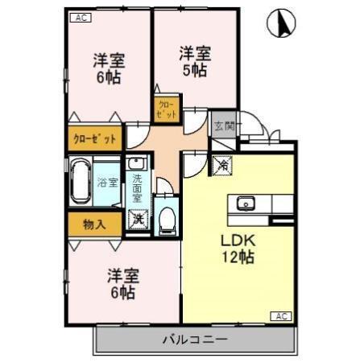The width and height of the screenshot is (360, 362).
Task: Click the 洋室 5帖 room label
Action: [x=195, y=61]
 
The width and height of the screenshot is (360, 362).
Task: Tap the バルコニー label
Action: [x=193, y=339]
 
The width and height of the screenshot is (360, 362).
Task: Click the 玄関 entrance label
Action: [x=223, y=125]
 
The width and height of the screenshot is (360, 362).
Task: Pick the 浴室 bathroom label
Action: [x=106, y=182]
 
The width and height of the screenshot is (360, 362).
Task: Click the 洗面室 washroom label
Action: [x=137, y=187]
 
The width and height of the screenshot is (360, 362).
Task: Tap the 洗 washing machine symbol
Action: [x=139, y=219]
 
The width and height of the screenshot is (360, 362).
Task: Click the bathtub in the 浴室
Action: [x=81, y=183]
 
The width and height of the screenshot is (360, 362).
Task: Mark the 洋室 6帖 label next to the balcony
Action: [x=123, y=284]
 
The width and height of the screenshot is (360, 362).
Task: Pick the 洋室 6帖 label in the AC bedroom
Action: [x=109, y=69]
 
